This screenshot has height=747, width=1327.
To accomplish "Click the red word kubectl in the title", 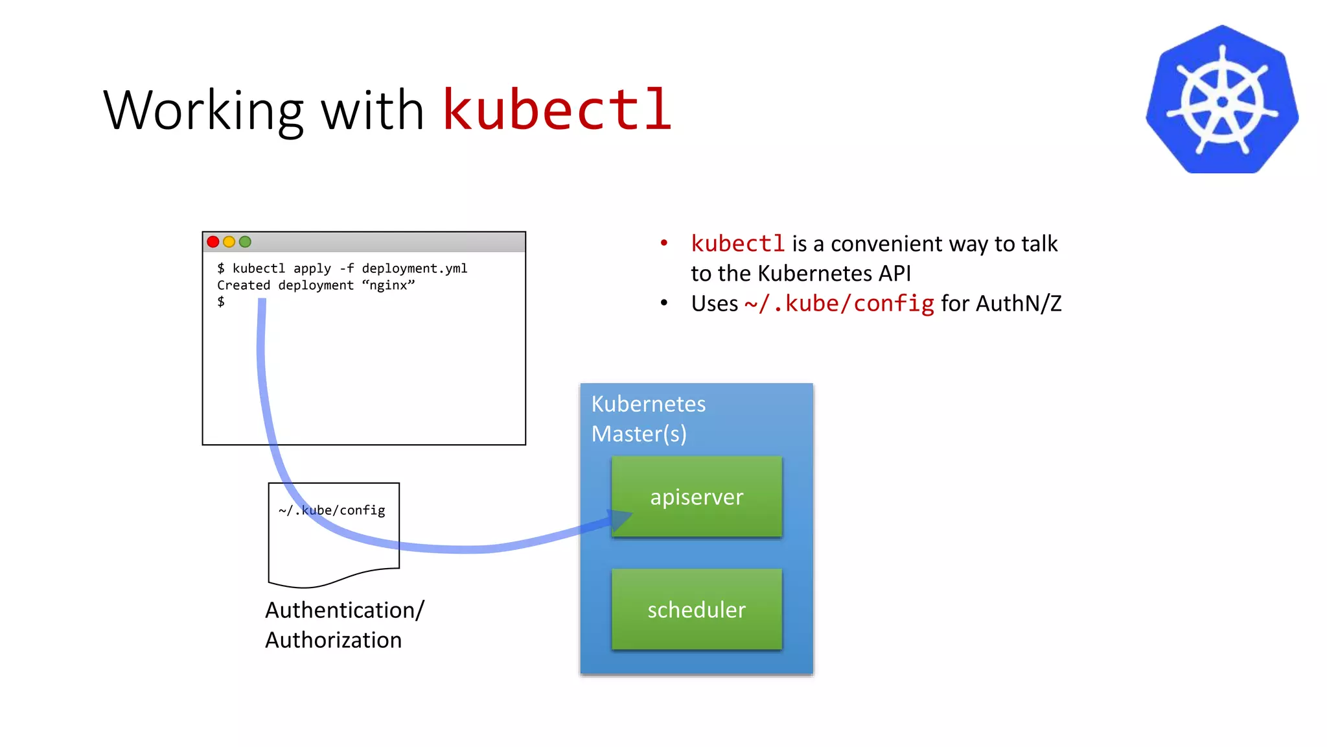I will (x=557, y=110).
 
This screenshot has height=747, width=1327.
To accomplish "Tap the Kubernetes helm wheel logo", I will (x=1222, y=101).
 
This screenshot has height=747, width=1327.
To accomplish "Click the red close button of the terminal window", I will (x=213, y=242).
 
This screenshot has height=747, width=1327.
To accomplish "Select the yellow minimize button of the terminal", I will (x=229, y=242).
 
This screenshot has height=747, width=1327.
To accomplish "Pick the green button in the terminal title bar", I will (x=245, y=242).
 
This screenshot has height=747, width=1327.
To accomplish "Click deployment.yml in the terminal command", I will (x=414, y=268).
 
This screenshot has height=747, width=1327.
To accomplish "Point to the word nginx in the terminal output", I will (x=388, y=285).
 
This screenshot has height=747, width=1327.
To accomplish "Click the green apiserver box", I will (x=697, y=497).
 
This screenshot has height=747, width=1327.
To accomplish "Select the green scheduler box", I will (x=697, y=610).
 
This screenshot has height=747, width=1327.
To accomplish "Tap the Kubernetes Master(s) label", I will (x=648, y=419).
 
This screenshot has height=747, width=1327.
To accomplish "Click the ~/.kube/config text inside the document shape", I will (x=332, y=510).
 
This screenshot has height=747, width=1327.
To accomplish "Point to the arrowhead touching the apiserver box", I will (x=619, y=520).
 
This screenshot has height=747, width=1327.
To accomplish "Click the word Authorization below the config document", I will (x=333, y=640).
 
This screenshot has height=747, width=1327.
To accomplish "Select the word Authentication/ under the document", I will (x=345, y=610).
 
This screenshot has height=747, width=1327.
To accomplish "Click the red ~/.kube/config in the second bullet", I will (x=839, y=303).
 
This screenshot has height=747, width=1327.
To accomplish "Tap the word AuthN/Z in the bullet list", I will (x=1019, y=303).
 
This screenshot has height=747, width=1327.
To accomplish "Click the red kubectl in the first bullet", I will (x=737, y=244).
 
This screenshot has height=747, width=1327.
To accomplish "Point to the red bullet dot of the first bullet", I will (x=663, y=243).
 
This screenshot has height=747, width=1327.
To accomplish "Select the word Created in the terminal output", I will (x=244, y=285).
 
